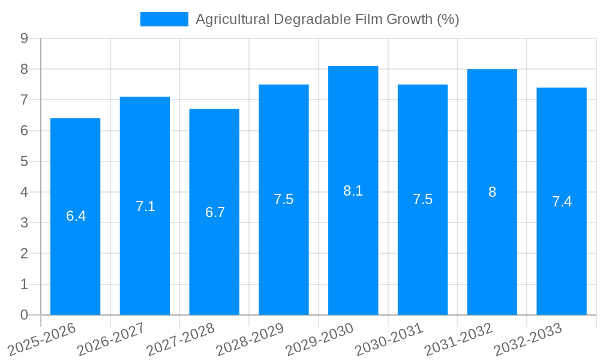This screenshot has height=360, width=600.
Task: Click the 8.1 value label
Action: click(x=353, y=191)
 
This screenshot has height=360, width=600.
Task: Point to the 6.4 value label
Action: click(x=76, y=216)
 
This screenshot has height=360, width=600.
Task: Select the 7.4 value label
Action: click(x=562, y=202)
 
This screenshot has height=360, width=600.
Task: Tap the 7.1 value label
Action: click(x=145, y=206)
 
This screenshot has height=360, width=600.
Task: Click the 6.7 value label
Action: click(x=215, y=212)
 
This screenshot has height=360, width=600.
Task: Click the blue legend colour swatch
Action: click(x=164, y=19)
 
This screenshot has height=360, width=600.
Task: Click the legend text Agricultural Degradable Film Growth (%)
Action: click(x=327, y=19)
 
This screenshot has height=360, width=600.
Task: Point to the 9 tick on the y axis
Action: click(x=24, y=38)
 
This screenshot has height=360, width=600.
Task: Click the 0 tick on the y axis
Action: click(x=24, y=315)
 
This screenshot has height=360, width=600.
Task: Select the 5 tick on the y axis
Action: click(x=24, y=161)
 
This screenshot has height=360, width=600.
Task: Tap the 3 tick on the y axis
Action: click(x=24, y=223)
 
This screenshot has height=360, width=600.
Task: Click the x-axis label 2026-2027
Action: click(x=111, y=339)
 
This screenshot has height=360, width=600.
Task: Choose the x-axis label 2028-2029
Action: click(x=250, y=339)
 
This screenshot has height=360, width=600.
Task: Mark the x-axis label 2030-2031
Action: click(x=389, y=339)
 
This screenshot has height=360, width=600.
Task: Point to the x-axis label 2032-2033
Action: click(x=528, y=339)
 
